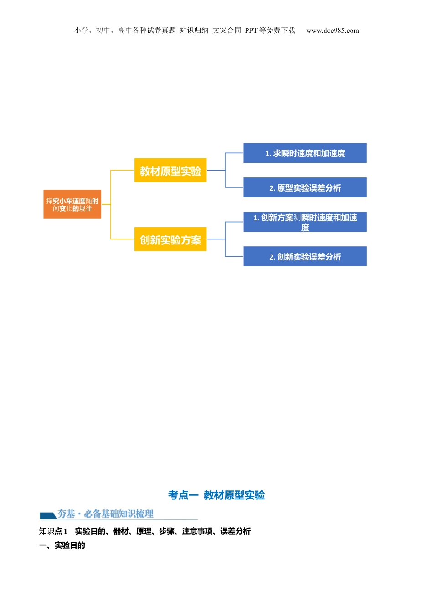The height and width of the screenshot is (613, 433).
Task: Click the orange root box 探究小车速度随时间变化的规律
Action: click(x=72, y=204)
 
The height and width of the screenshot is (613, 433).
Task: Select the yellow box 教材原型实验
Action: click(x=170, y=171)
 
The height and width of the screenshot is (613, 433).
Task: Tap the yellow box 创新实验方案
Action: click(x=170, y=239)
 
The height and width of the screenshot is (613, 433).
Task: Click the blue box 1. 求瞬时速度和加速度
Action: click(x=305, y=153)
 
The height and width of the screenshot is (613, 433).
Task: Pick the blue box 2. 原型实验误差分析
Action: click(x=305, y=187)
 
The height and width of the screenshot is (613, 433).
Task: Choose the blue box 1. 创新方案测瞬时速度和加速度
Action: click(x=305, y=222)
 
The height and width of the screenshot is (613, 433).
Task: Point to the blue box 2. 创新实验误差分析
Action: click(x=305, y=256)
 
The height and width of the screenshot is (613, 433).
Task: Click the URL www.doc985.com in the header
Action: click(x=332, y=31)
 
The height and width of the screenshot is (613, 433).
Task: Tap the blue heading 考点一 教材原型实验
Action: click(x=216, y=495)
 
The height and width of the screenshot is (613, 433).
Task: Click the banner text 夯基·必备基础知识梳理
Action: click(x=105, y=514)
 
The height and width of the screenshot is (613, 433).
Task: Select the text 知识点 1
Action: click(x=53, y=531)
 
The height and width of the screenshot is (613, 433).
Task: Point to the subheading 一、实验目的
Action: click(x=62, y=545)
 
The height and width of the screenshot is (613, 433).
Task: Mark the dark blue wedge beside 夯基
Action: click(x=47, y=516)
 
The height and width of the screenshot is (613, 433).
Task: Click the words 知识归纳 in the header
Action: click(x=194, y=31)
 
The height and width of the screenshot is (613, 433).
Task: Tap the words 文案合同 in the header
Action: click(x=227, y=31)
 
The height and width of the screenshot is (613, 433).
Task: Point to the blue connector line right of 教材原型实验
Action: click(x=216, y=170)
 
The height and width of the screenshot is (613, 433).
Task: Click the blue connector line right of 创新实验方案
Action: click(x=216, y=239)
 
